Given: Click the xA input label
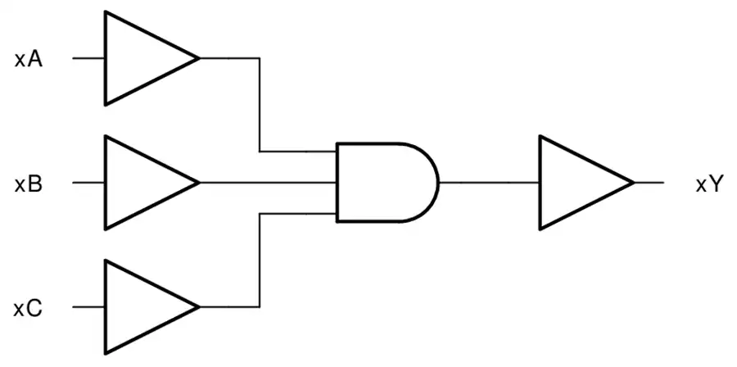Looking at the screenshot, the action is tap(29, 60).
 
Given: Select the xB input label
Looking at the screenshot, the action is tap(29, 184).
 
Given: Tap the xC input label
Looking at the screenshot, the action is tap(28, 309).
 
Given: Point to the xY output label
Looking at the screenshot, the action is tap(708, 184).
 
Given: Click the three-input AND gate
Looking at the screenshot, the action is tap(387, 183).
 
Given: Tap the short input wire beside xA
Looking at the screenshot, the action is tap(88, 58).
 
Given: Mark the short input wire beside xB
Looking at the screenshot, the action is tap(88, 183).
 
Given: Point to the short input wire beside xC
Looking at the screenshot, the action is tap(88, 307).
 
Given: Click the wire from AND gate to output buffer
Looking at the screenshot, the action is tap(490, 183).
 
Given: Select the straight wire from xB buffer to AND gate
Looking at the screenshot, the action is tap(268, 183).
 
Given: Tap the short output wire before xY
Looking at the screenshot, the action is tap(649, 183).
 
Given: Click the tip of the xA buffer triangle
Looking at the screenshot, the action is tap(199, 58).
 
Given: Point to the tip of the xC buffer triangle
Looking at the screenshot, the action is tap(199, 307).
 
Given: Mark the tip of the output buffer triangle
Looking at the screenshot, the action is tap(634, 183).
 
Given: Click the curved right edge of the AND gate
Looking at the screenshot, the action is tap(438, 183).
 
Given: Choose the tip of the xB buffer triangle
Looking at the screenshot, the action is tap(199, 183).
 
